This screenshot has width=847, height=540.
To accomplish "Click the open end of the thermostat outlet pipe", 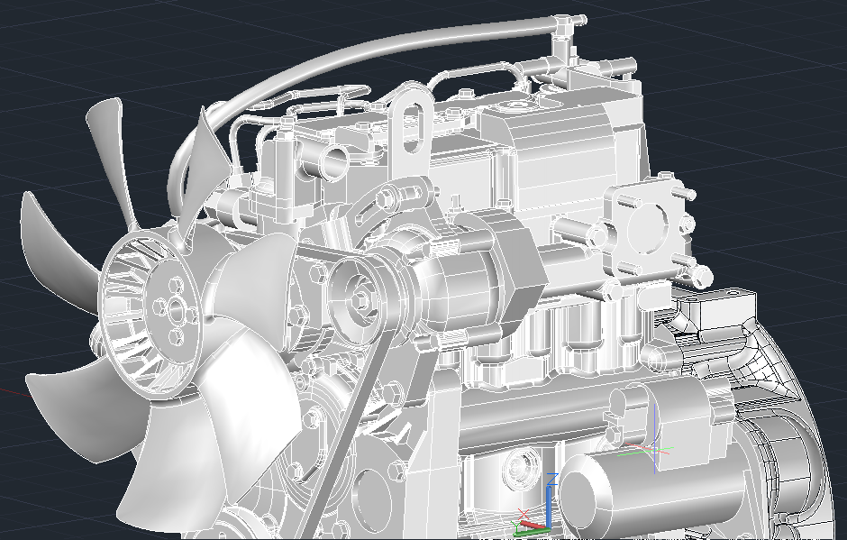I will pos(335,163).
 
